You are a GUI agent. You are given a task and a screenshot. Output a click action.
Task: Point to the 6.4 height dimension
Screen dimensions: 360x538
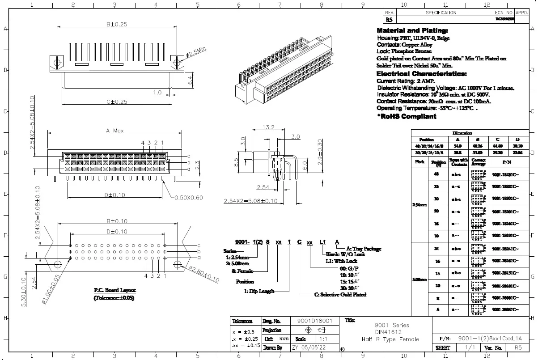[x=190, y=80]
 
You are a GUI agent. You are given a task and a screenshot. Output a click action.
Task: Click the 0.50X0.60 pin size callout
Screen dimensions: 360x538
[x=188, y=197]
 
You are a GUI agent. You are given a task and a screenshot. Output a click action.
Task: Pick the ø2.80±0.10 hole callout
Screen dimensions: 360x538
[x=204, y=274]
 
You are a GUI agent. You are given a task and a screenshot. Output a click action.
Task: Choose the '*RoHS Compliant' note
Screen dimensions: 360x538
[x=407, y=116]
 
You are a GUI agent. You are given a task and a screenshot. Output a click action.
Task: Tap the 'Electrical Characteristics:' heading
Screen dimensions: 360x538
[x=422, y=73]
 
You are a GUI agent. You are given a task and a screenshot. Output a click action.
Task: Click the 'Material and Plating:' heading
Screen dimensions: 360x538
[x=412, y=30]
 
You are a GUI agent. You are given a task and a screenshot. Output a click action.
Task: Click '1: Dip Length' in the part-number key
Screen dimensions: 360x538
[x=259, y=291]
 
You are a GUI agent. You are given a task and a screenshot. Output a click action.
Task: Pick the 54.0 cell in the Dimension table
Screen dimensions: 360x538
[x=458, y=146]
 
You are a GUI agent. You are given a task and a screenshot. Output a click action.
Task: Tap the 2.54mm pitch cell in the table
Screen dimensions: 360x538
[x=419, y=205]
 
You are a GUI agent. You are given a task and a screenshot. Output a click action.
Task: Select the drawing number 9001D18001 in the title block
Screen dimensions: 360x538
[x=315, y=321]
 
